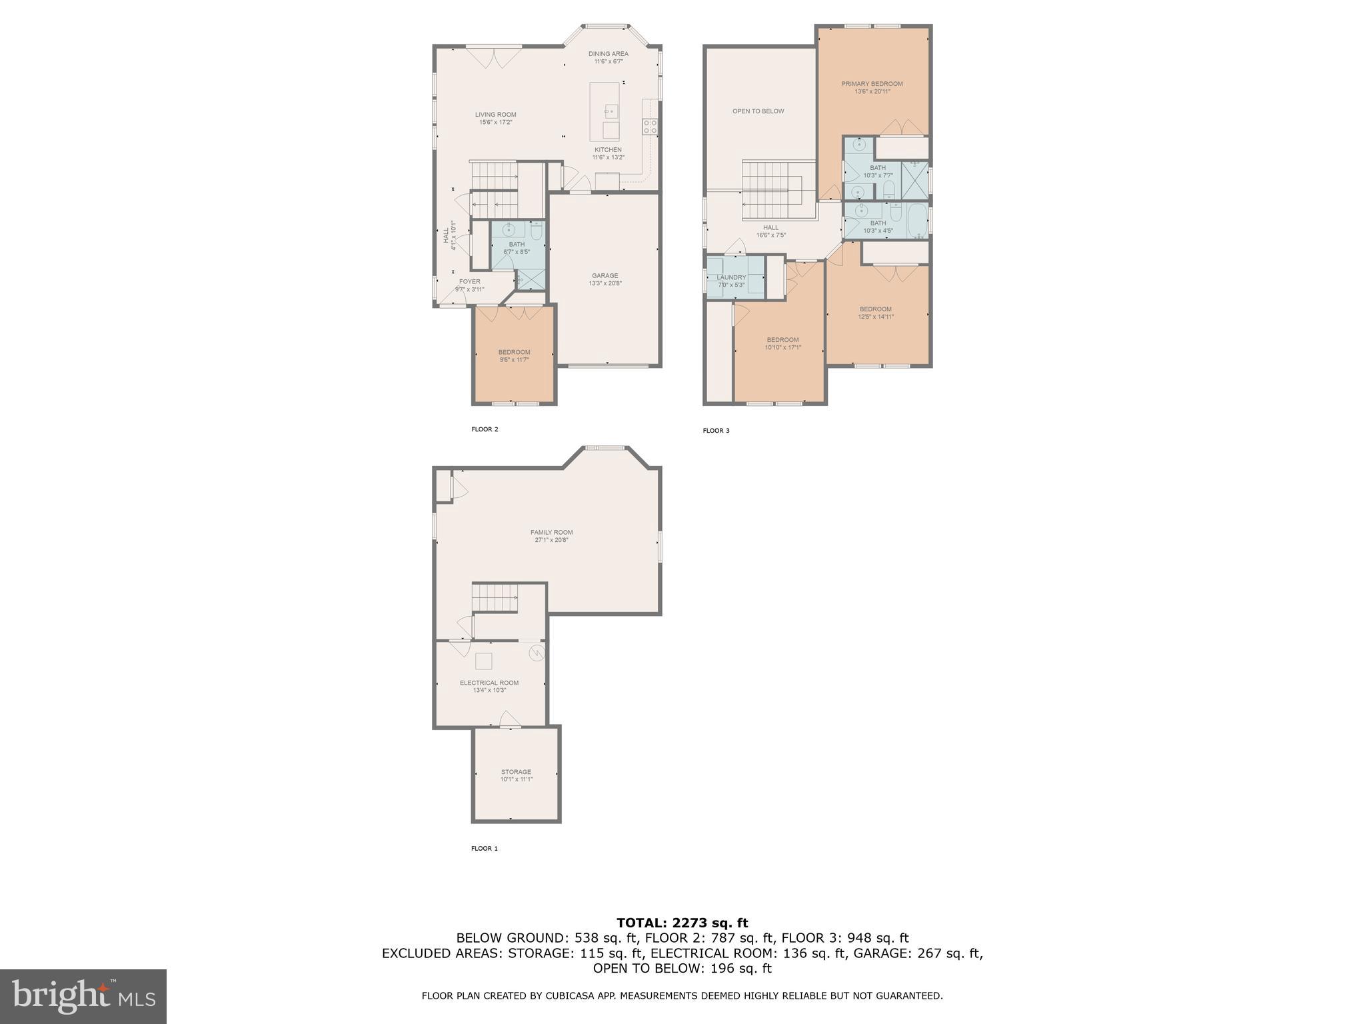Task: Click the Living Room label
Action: pos(495,118)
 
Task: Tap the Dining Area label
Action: pos(608,57)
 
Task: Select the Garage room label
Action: pos(605,279)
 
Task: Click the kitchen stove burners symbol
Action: pos(650,127)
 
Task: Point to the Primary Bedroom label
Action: pos(872,87)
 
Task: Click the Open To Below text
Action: pos(758,111)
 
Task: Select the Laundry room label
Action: pos(731,281)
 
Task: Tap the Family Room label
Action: pos(551,535)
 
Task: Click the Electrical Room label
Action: pos(489,686)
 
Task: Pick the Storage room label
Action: pos(516,775)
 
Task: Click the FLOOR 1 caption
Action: pos(485,849)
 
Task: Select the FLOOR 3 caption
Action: pos(716,431)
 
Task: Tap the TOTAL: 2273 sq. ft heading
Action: pos(682,923)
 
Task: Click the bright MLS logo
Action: pos(83,996)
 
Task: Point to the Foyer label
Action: pos(469,285)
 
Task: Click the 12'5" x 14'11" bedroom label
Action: pos(875,313)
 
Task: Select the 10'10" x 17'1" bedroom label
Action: pos(782,343)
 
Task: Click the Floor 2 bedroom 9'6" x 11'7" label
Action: pos(514,355)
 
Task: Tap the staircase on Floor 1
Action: pos(495,597)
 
